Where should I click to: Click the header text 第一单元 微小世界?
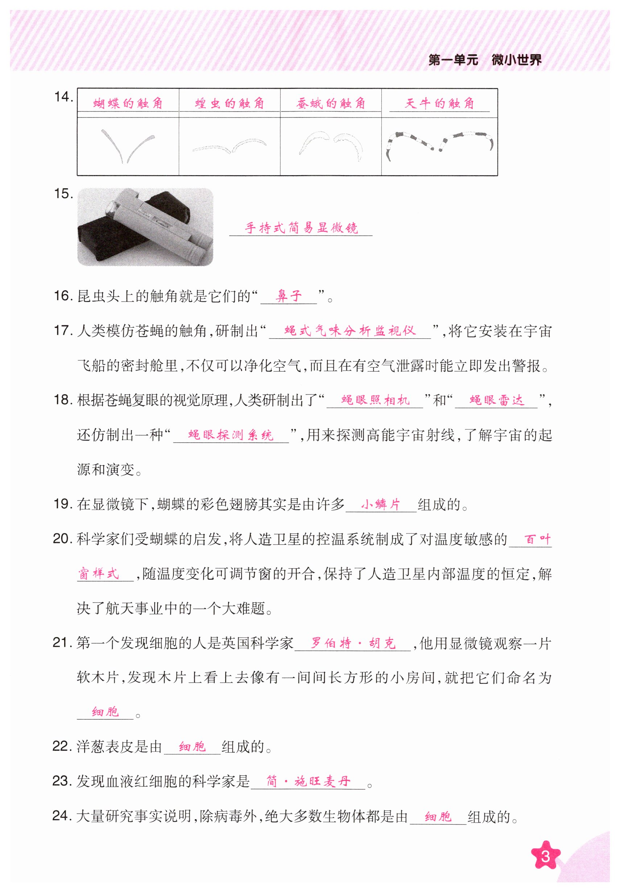tap(484, 60)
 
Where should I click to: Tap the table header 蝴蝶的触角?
tap(128, 103)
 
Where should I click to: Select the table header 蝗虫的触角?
tap(229, 103)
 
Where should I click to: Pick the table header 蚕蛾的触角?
tap(331, 103)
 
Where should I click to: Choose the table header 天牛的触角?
tap(439, 103)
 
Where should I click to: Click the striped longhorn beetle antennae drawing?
tap(439, 145)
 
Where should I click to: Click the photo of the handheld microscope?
tap(145, 227)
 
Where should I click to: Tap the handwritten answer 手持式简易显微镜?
tap(301, 228)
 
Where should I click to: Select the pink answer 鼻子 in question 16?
tap(289, 296)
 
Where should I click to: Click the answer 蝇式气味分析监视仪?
tap(350, 331)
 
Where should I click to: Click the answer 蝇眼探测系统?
tap(231, 435)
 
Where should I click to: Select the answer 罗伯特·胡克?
tap(353, 643)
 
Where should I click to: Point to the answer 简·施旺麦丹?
tap(309, 781)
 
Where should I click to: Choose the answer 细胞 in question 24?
tap(438, 816)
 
